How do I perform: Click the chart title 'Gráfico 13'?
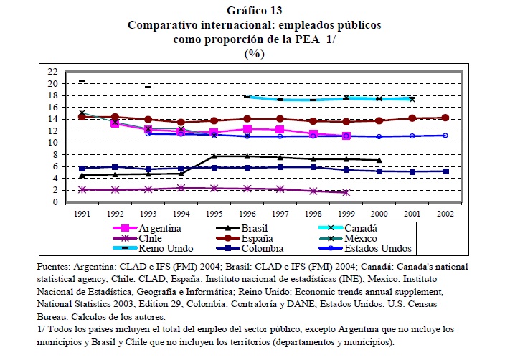(x=254, y=10)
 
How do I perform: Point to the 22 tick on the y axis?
(x=52, y=72)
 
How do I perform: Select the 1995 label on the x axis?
(x=214, y=213)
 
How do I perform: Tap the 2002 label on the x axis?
(x=444, y=213)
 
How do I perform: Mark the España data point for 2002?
(x=445, y=118)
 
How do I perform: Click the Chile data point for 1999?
(x=346, y=192)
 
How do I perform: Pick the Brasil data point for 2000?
(x=379, y=160)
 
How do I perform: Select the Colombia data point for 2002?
(x=445, y=171)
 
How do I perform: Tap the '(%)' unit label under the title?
(x=255, y=53)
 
